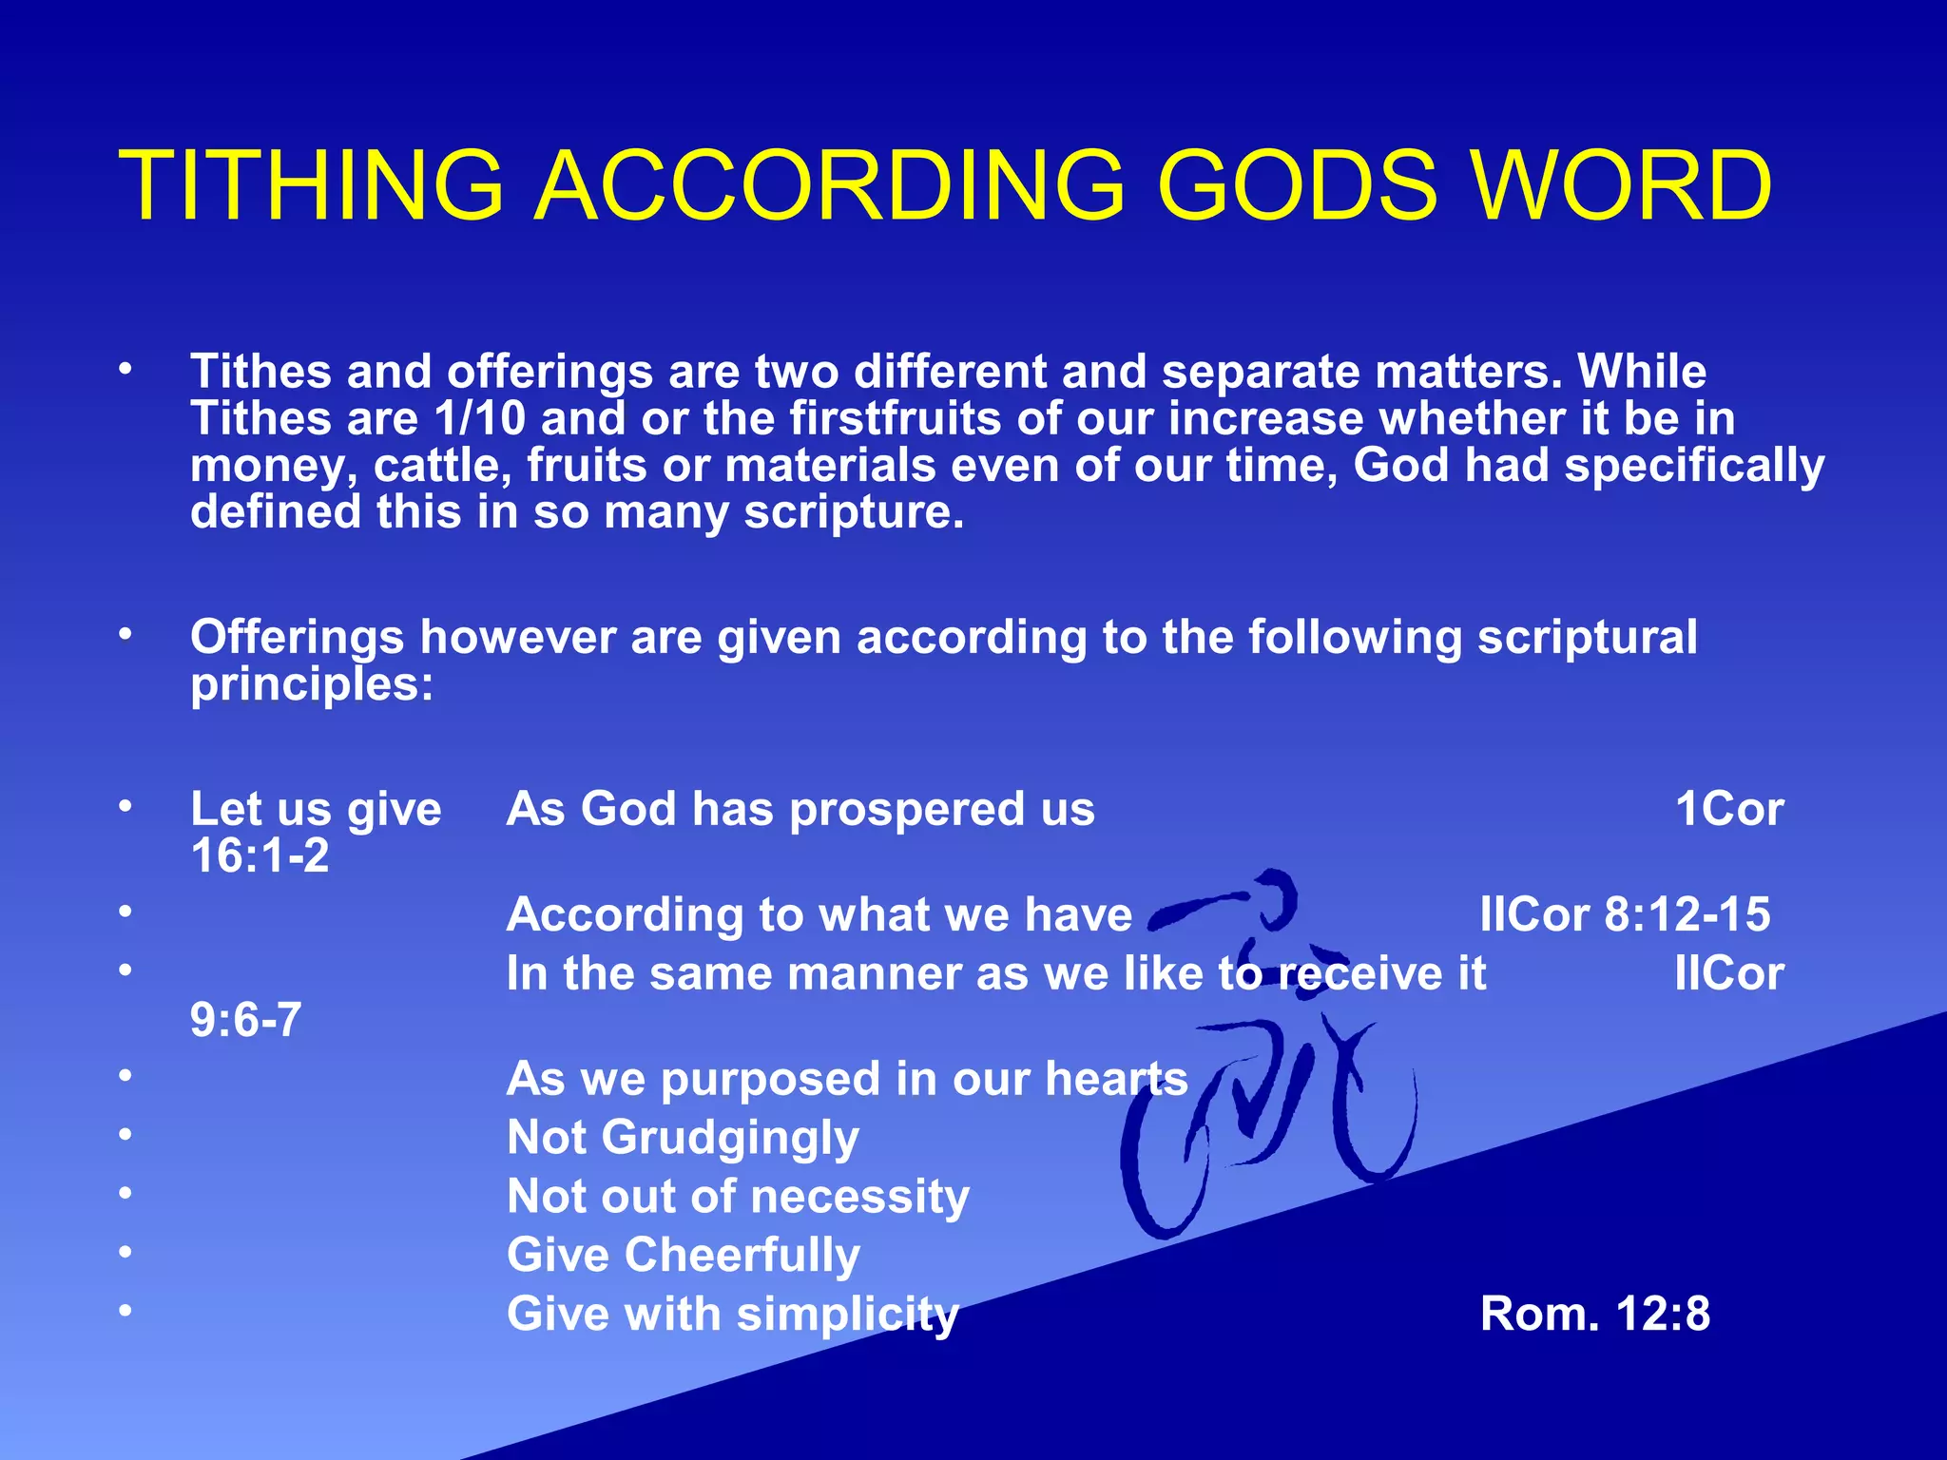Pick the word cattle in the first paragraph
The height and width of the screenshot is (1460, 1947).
point(442,466)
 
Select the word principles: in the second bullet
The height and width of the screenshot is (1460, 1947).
point(312,684)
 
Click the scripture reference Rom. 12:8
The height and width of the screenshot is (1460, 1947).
point(1594,1315)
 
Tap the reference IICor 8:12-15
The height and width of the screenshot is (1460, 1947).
point(1625,915)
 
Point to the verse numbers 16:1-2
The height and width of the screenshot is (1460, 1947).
point(260,855)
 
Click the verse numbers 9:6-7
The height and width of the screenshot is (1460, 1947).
point(245,1020)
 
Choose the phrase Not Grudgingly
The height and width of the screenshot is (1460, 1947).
point(683,1138)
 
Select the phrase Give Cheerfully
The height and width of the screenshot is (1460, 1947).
point(683,1256)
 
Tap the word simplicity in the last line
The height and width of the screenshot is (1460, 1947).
point(847,1315)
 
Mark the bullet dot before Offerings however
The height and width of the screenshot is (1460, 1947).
point(125,633)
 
